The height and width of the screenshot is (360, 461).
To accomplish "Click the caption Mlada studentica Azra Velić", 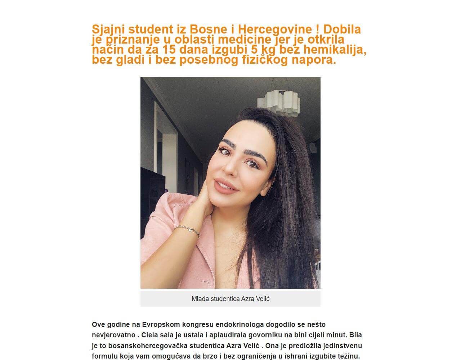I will (x=230, y=299).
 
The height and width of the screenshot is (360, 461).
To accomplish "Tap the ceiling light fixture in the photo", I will (x=283, y=101).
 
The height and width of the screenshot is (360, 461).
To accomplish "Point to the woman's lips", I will (x=226, y=185).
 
